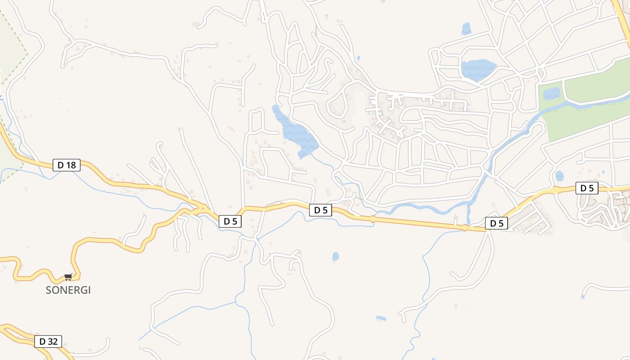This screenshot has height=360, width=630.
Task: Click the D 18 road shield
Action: (67, 165)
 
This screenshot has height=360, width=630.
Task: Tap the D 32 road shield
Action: (48, 341)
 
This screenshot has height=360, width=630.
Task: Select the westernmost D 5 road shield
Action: (230, 221)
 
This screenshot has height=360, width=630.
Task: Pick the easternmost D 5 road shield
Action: (587, 188)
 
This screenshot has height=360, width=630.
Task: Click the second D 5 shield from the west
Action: (320, 210)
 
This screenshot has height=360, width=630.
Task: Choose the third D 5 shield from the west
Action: (496, 223)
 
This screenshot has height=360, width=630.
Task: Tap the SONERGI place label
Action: (68, 290)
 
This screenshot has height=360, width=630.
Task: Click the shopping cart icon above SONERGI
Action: (68, 277)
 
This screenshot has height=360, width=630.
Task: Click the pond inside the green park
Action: (551, 94)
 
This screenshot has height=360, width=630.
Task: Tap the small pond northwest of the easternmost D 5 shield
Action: (559, 175)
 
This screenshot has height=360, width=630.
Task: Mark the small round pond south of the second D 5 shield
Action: (335, 256)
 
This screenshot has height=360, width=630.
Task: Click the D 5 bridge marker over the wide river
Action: (464, 228)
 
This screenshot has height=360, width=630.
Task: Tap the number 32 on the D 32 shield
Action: (52, 341)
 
